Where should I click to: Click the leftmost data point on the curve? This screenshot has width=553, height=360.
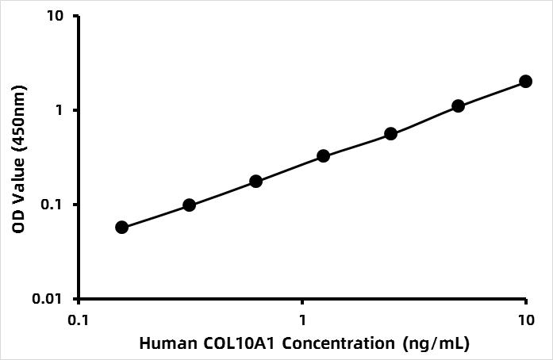coord(121,227)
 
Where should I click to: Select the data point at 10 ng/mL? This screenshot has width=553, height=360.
coord(525,81)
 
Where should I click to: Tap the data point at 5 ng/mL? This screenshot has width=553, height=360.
coord(458,105)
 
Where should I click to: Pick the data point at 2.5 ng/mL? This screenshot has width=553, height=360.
coord(390,134)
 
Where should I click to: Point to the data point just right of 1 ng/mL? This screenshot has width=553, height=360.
coord(324,156)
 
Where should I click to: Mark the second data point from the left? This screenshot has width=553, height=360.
coord(189,205)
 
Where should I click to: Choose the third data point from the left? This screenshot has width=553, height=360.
coord(256,181)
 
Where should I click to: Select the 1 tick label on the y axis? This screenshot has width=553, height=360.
coord(62,110)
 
